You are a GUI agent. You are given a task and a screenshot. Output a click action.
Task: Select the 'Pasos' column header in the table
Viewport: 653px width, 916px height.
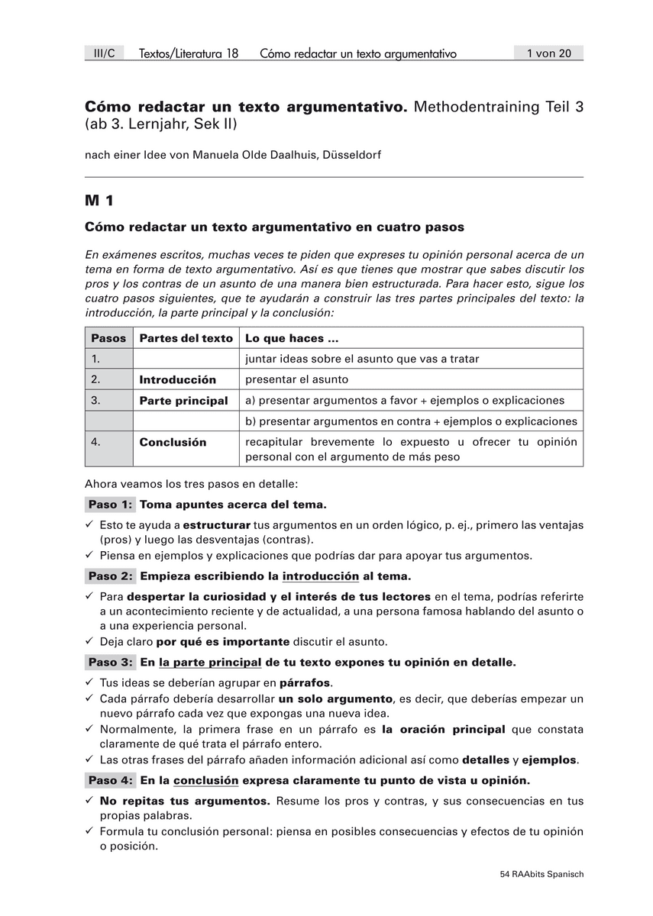[108, 338]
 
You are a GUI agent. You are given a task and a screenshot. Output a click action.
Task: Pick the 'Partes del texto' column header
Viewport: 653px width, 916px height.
[186, 338]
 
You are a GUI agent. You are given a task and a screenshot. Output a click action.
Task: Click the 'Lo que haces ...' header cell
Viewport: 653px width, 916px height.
[291, 338]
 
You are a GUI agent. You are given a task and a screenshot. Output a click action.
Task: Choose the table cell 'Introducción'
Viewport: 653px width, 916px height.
[177, 379]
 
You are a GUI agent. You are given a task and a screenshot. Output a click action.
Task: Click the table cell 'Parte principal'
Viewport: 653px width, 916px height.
[183, 400]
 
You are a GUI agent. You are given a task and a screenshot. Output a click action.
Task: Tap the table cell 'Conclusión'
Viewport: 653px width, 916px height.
[173, 442]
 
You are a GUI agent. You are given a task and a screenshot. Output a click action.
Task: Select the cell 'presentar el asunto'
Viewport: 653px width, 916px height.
[296, 379]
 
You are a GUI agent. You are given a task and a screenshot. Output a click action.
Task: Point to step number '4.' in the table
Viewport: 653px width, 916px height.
[95, 442]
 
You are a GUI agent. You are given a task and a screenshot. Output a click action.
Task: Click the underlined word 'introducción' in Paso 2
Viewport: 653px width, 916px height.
[320, 576]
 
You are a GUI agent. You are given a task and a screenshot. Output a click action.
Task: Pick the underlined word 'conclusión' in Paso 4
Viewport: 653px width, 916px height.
[205, 780]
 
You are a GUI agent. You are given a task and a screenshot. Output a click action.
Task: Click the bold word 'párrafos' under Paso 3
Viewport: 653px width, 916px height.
[305, 682]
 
